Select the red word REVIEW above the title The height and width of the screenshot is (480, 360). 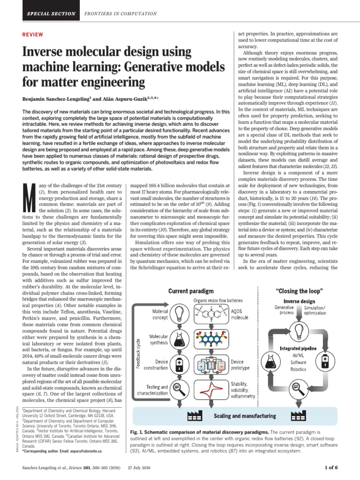[33, 35]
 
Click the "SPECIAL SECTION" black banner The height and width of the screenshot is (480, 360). [48, 14]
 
